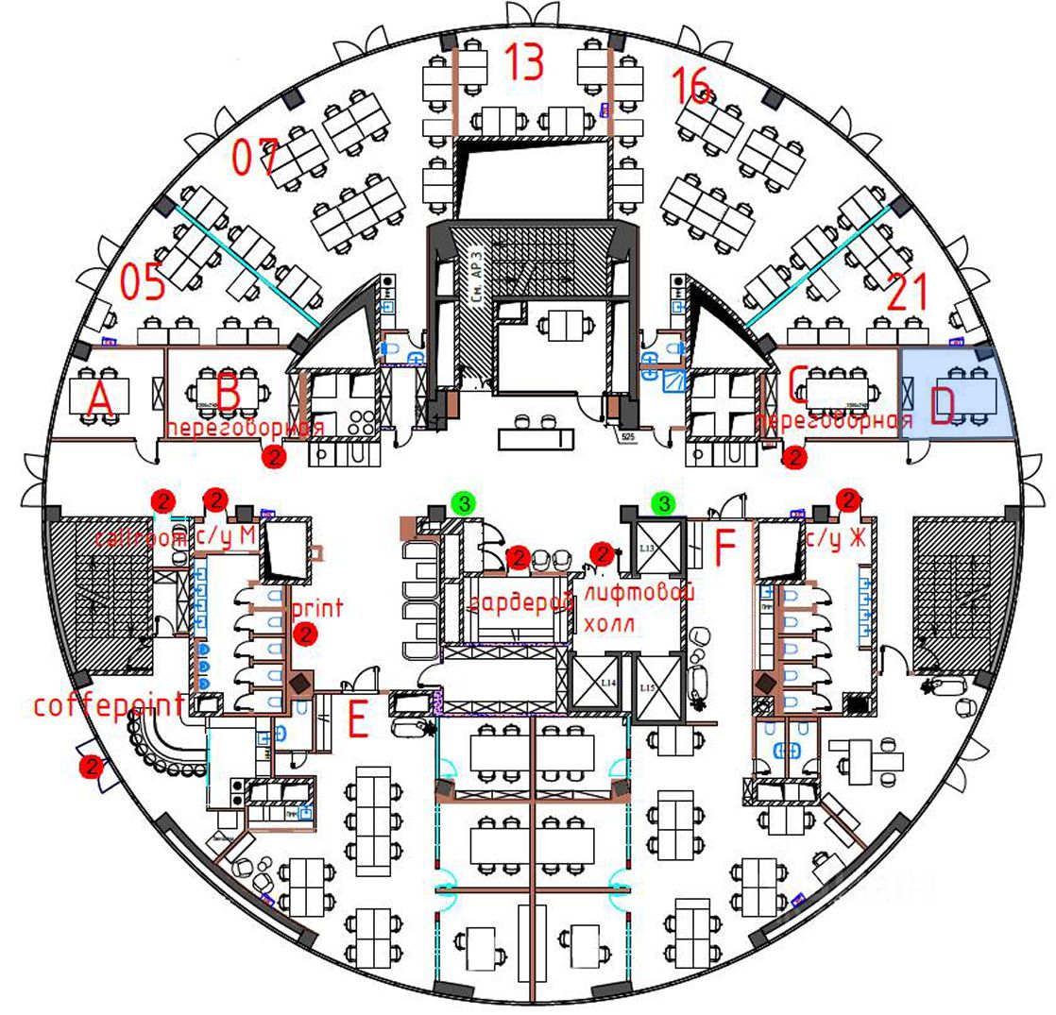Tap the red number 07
coord(256,157)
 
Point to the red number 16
coord(692,87)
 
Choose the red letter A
coord(100,401)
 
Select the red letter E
coord(358,721)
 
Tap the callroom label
coord(141,538)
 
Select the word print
coord(317,607)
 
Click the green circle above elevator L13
coord(665,503)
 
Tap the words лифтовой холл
coord(639,609)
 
